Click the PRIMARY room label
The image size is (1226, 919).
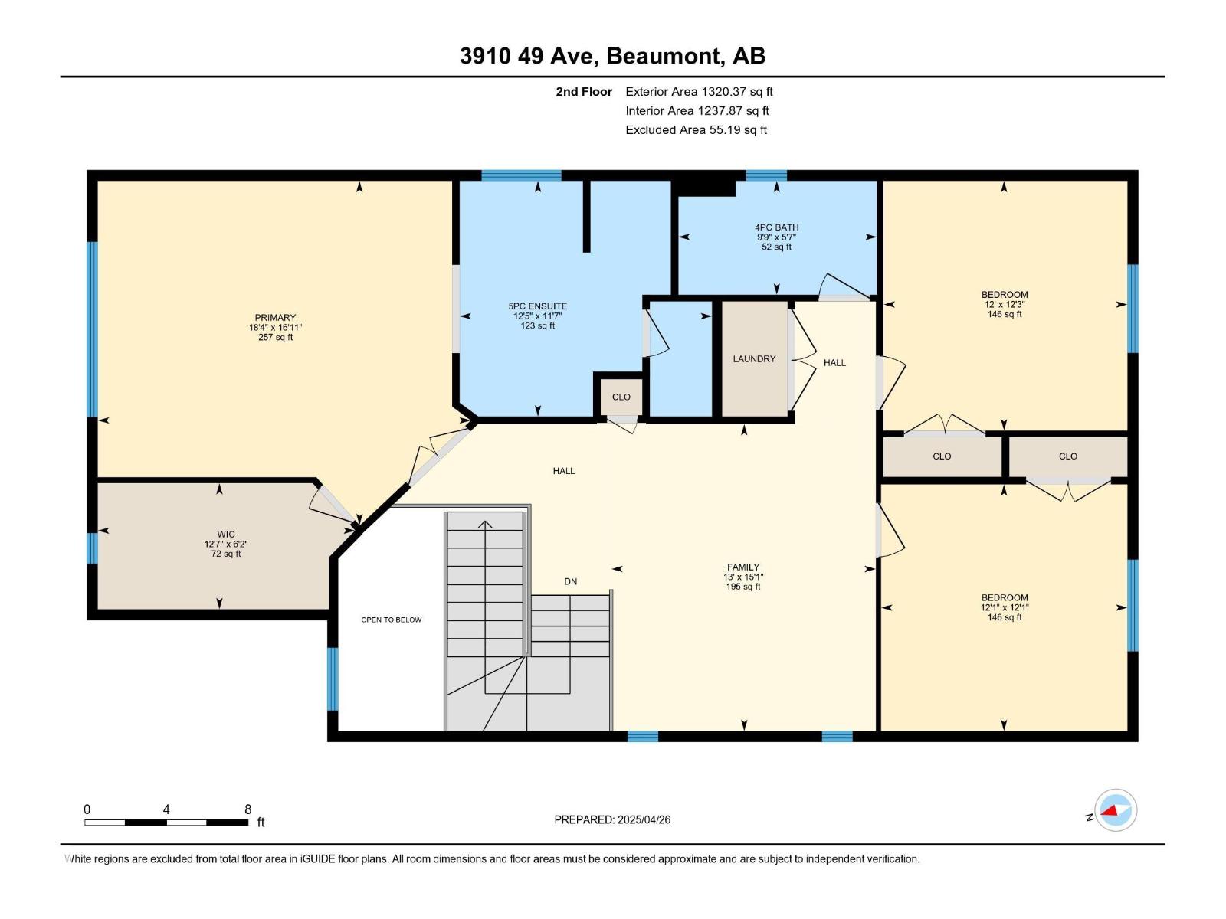pos(275,317)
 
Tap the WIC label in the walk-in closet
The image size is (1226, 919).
pos(225,534)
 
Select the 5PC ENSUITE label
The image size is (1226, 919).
pos(537,306)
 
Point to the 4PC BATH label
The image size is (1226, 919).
pos(776,227)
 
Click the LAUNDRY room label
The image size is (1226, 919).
pos(754,358)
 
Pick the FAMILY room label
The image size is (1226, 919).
pos(742,567)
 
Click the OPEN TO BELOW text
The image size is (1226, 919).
pos(391,620)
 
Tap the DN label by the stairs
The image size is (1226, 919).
pos(570,581)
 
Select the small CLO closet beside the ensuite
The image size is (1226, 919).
pos(621,397)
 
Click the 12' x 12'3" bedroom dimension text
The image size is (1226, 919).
pos(1004,304)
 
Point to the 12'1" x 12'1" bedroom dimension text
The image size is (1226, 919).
pos(1004,607)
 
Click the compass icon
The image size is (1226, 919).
pos(1115,810)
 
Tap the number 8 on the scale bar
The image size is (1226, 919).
pos(247,809)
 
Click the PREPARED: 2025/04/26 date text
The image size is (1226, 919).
pos(612,819)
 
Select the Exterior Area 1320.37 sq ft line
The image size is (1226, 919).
pos(698,91)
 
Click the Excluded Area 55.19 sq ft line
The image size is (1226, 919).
pos(695,129)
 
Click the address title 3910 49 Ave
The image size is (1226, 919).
pos(612,56)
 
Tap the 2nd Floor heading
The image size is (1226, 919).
pos(584,91)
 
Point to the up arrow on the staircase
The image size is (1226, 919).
pos(484,525)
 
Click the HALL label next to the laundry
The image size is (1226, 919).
pos(834,362)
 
